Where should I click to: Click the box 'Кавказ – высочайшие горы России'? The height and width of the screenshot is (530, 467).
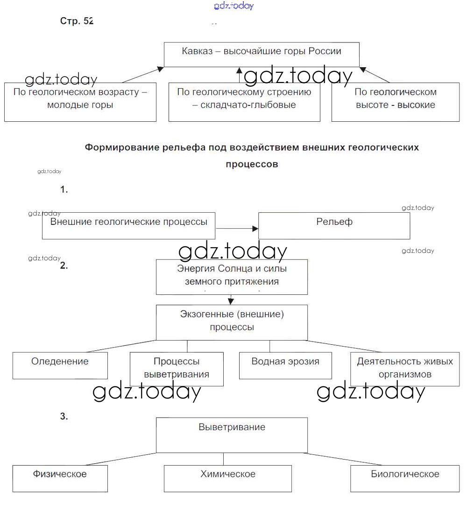262,55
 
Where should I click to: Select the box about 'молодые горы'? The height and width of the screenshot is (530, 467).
80,102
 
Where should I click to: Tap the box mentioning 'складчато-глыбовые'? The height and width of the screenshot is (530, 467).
244,102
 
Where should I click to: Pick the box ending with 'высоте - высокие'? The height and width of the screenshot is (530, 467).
395,102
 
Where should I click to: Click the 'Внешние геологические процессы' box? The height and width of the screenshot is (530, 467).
128,226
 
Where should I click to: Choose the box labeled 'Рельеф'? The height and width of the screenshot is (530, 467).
334,226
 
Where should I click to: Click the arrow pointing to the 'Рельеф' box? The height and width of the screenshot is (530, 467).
237,229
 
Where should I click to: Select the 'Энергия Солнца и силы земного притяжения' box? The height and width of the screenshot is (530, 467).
232,277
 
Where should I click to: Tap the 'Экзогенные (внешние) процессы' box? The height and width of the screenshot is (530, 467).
232,322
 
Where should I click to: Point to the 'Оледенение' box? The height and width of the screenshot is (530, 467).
60,365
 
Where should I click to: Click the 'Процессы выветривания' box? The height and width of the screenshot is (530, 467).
177,369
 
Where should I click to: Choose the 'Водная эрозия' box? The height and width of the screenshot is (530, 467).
285,365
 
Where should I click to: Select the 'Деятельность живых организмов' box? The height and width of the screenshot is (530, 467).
404,369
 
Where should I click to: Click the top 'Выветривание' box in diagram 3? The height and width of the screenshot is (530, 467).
232,435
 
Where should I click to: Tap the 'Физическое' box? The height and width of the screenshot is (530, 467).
60,478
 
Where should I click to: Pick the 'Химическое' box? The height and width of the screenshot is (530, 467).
228,478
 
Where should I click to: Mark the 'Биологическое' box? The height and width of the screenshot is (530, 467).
405,478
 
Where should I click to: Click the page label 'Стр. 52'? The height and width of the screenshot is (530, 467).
77,21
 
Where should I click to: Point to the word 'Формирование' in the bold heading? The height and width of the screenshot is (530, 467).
122,147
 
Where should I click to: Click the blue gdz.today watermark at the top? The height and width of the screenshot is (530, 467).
234,6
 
